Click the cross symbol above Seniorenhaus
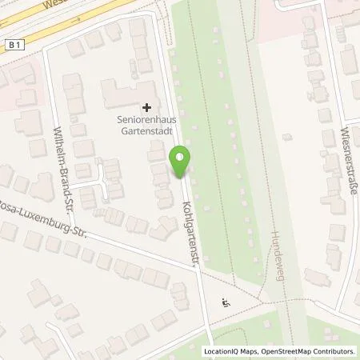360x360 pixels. [x=146, y=106]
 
